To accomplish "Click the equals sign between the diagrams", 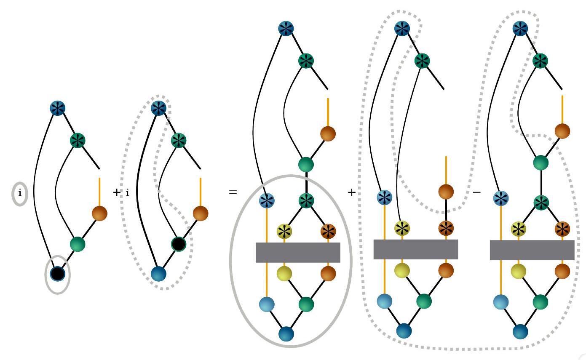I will click(233, 193).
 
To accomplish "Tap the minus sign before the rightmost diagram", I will click(477, 192).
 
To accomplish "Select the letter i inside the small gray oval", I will click(19, 193).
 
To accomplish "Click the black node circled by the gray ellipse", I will click(57, 274).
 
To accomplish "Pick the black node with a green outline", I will click(179, 244).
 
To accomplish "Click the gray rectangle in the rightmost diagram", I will click(532, 250).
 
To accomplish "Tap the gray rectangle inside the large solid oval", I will click(298, 253).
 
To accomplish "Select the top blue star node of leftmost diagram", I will click(58, 108).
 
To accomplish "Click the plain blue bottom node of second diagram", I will click(159, 274).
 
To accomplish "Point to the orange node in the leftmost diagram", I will click(99, 213).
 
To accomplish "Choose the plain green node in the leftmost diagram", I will click(78, 244).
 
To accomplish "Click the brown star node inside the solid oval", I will click(328, 230).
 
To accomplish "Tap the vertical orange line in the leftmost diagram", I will click(99, 192).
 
